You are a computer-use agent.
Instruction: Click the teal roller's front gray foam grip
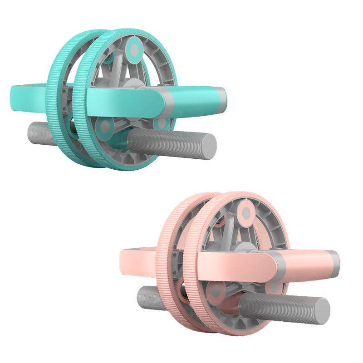(168, 143)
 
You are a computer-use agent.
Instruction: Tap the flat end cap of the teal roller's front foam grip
(209, 145)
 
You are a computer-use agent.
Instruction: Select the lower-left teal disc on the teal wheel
(105, 128)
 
